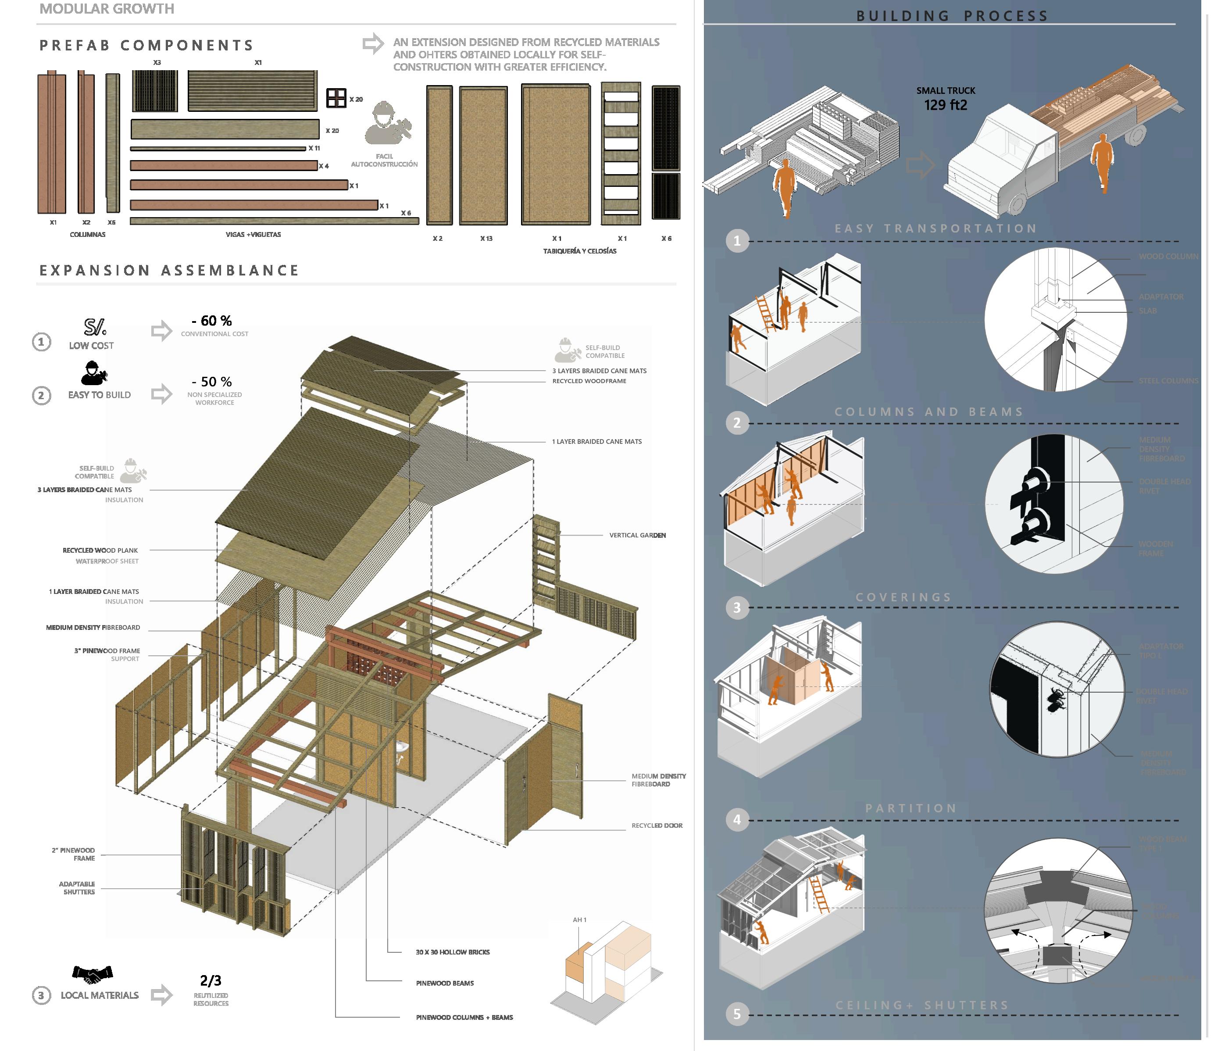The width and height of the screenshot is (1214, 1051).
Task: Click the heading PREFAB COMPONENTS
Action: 146,45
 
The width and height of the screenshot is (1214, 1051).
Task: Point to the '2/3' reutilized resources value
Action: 211,981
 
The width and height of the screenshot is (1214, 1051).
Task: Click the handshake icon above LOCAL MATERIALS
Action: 92,974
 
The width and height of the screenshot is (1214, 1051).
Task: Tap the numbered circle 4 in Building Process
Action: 737,819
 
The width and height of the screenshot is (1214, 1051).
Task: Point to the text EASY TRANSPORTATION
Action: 935,229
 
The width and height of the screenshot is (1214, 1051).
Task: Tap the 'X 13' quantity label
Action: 486,239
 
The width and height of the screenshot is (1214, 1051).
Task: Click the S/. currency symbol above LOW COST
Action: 94,327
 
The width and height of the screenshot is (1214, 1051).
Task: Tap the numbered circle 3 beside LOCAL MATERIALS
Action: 41,995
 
